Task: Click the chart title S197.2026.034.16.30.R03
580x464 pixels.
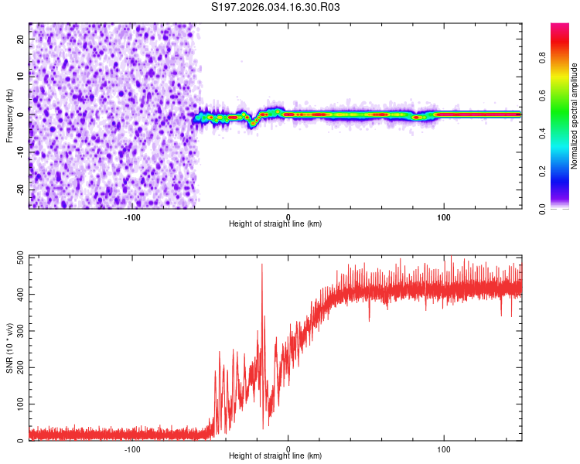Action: point(276,7)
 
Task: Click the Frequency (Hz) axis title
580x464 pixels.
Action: point(9,115)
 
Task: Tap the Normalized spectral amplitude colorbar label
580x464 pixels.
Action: point(575,116)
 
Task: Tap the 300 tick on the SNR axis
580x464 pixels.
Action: point(18,331)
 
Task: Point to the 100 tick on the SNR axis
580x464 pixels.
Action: point(18,404)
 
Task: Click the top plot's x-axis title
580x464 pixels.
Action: point(275,223)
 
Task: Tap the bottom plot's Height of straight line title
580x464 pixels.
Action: point(275,455)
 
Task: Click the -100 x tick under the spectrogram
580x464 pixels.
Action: point(131,216)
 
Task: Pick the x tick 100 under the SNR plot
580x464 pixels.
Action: point(444,448)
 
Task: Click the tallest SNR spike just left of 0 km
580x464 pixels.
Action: point(261,265)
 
